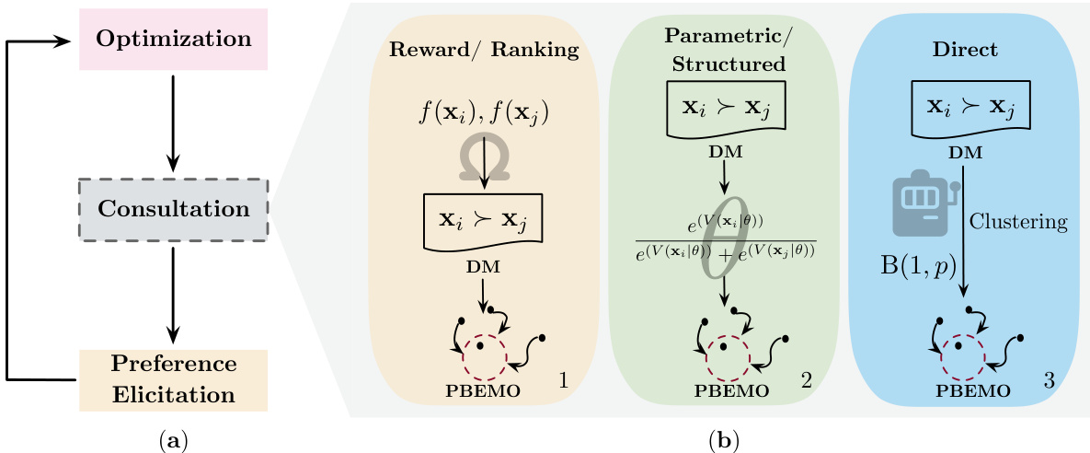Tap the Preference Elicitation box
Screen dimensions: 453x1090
click(x=174, y=379)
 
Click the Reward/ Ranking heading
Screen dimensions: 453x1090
click(x=483, y=52)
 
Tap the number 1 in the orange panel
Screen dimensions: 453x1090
click(x=565, y=379)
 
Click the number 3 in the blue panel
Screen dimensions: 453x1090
click(x=1048, y=379)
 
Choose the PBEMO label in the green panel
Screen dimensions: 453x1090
click(x=727, y=389)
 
